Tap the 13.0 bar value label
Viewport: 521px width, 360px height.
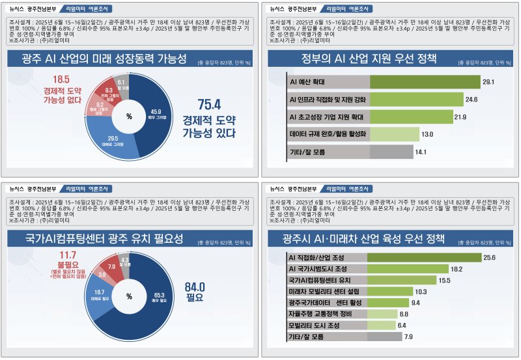point(427,134)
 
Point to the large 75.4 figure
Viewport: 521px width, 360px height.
point(209,104)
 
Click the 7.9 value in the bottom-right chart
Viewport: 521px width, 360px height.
point(408,337)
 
